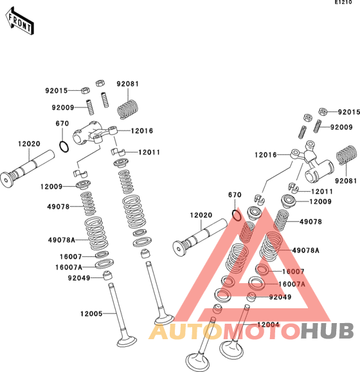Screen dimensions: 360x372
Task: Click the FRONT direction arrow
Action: [x=19, y=22]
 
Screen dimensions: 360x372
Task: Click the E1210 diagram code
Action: [x=343, y=3]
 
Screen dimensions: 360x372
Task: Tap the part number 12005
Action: [x=91, y=313]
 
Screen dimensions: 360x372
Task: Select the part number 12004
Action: [x=268, y=324]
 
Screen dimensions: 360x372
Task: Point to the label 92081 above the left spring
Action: [x=127, y=84]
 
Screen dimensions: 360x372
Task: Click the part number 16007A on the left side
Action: [x=69, y=267]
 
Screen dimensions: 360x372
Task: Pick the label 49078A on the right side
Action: [x=306, y=250]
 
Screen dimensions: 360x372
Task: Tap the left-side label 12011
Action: [x=149, y=152]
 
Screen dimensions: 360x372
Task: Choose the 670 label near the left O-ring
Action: [x=62, y=124]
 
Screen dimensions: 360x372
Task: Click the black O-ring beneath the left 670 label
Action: [x=64, y=147]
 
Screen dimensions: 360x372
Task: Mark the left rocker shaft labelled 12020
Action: [x=27, y=169]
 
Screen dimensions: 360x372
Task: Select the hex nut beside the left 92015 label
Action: [x=85, y=90]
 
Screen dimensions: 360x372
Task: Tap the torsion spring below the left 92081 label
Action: [x=128, y=109]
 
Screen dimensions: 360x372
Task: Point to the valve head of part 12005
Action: [x=127, y=341]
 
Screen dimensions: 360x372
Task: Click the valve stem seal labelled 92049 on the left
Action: [x=108, y=275]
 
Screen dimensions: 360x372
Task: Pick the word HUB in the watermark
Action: [x=327, y=331]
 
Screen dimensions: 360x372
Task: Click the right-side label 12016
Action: [x=265, y=155]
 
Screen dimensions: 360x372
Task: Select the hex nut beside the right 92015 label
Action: [x=323, y=111]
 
